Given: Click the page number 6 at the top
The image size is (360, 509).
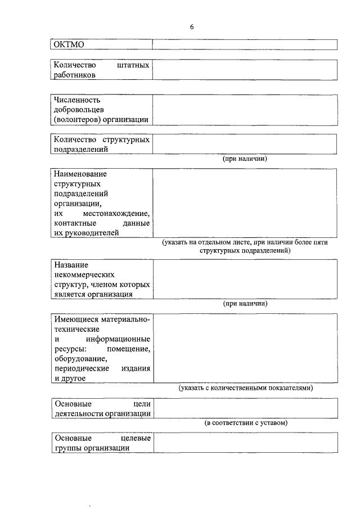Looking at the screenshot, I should click(x=192, y=27).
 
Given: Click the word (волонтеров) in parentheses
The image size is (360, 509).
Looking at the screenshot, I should click(x=77, y=119).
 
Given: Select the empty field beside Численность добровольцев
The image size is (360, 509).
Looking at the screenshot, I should click(x=245, y=110).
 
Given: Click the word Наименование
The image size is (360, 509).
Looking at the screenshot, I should click(x=80, y=174).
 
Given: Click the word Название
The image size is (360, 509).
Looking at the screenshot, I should click(x=71, y=264).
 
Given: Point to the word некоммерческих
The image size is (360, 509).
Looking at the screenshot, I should click(x=84, y=274).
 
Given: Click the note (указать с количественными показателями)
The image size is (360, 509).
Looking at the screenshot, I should click(x=245, y=388).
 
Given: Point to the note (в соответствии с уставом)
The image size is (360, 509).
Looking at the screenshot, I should click(x=245, y=423).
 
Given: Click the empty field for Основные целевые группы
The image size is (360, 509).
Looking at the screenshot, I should click(x=245, y=443).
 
